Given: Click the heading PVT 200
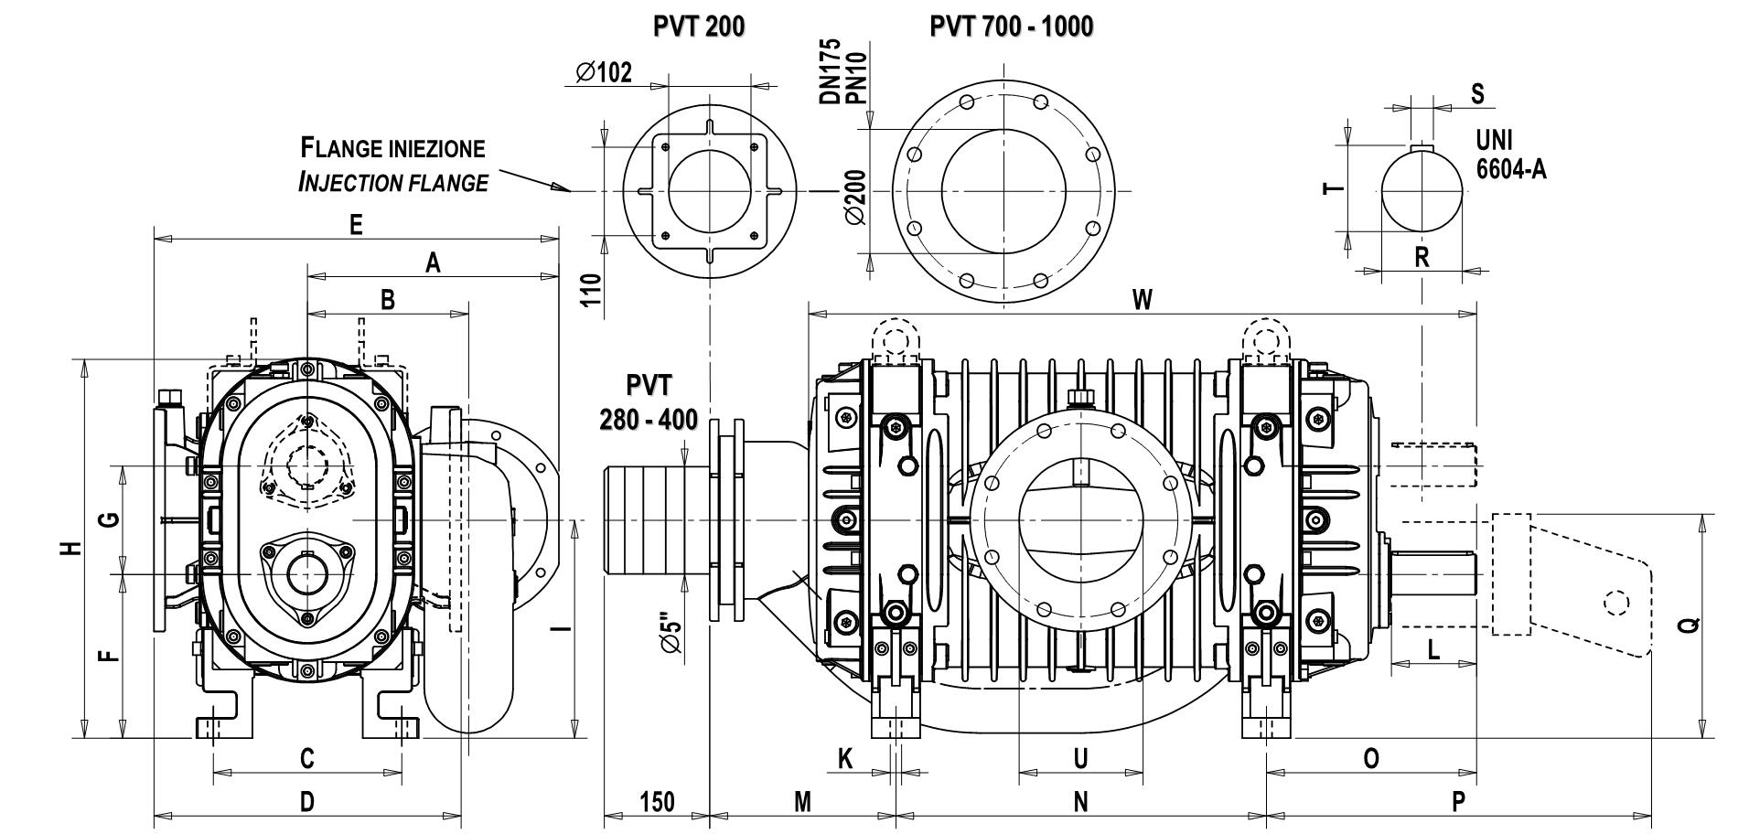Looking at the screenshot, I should point(698,27).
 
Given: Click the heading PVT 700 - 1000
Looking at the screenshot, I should point(1011,27).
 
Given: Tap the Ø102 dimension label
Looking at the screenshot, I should point(604,72).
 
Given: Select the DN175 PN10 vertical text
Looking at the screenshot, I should point(843,71).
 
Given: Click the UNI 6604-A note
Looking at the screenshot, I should point(1510,154).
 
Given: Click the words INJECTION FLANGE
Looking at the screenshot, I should point(392,182).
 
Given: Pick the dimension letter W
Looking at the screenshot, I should point(1143,300).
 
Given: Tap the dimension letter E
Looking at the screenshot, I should point(357,225).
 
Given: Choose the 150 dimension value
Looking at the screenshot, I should point(657,802).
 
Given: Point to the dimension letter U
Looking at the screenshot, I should point(1080,758).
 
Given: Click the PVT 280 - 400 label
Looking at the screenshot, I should point(649,401).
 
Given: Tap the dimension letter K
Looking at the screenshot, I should point(845,758).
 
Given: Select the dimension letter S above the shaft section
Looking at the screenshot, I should point(1477,93).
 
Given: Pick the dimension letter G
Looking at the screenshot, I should point(108,519).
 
